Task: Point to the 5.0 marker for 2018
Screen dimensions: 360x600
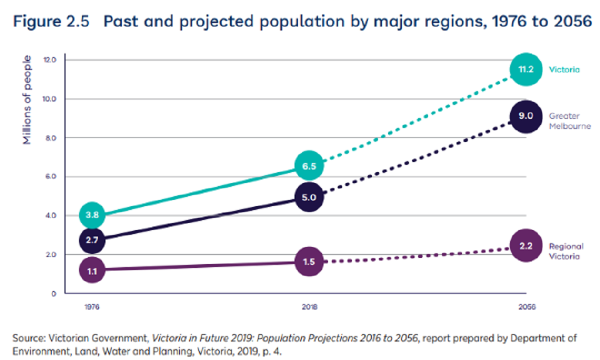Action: tap(308, 197)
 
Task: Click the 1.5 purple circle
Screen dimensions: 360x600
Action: tap(308, 262)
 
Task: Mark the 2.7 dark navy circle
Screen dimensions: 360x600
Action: tap(92, 240)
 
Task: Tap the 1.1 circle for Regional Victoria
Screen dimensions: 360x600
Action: tap(92, 270)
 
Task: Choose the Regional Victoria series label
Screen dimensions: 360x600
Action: tap(566, 251)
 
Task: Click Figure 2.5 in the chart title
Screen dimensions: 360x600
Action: tap(50, 23)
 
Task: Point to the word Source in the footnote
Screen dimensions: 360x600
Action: tap(27, 338)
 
